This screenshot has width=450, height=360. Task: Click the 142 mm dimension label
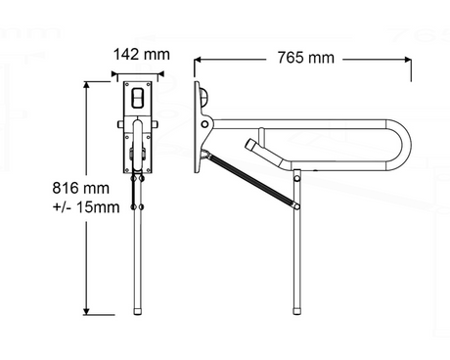tap(142, 55)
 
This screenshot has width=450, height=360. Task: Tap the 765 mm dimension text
tap(306, 58)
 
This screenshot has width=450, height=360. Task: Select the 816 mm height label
tap(81, 188)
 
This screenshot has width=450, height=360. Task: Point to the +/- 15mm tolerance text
tap(86, 207)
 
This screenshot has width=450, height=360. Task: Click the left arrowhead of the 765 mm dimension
tap(198, 60)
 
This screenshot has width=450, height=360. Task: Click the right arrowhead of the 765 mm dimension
tap(408, 60)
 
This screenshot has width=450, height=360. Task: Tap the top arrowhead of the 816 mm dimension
tap(86, 85)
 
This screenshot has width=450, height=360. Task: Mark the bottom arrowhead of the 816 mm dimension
tap(86, 311)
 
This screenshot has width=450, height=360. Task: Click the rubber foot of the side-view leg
tap(296, 310)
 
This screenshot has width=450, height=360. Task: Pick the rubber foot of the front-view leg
tap(138, 311)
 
